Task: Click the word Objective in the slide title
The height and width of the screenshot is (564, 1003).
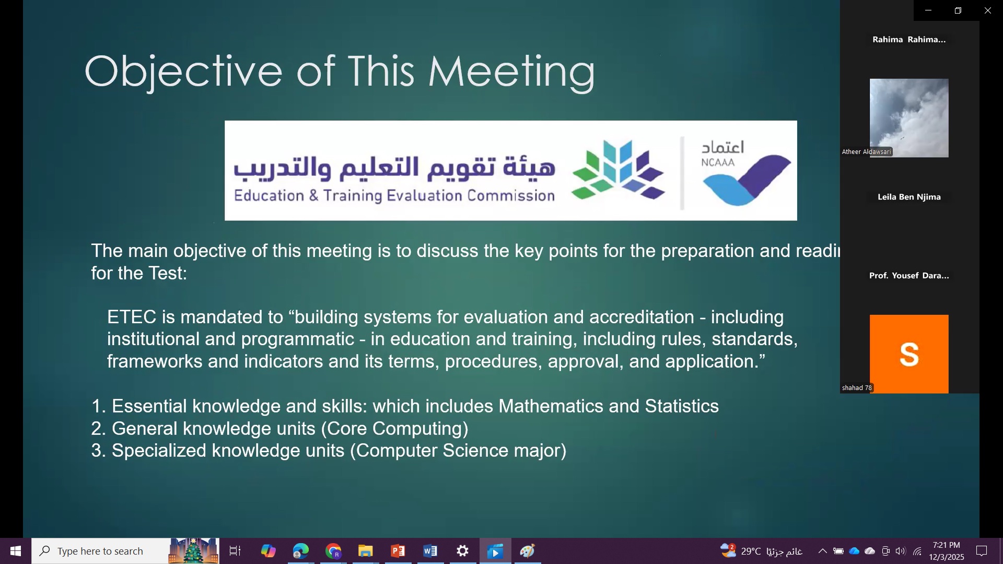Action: tap(183, 72)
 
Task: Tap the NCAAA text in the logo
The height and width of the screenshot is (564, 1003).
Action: tap(718, 162)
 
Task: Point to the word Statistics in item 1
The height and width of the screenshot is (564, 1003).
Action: tap(682, 406)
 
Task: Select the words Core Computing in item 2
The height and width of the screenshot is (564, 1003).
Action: tap(394, 429)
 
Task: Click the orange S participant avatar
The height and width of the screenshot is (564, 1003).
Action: tap(909, 354)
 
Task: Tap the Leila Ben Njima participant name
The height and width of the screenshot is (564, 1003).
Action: tap(909, 197)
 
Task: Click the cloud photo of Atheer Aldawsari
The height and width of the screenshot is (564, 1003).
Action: tap(909, 118)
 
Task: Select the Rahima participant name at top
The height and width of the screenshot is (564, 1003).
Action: tap(909, 39)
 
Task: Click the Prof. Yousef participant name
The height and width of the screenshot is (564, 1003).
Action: tap(909, 275)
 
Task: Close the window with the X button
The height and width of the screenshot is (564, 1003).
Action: tap(987, 10)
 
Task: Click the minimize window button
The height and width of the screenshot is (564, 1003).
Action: tap(928, 10)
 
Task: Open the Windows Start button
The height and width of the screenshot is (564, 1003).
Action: tap(16, 551)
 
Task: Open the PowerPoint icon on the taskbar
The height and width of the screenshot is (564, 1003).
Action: tap(398, 551)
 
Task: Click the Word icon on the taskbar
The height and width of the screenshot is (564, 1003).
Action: tap(430, 551)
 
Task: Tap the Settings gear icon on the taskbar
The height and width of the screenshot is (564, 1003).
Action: tap(463, 551)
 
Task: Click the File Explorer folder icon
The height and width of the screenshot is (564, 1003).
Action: tap(366, 551)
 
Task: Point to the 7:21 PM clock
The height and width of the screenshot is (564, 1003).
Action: tap(946, 545)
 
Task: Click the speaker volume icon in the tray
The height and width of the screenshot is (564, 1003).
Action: tap(901, 551)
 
